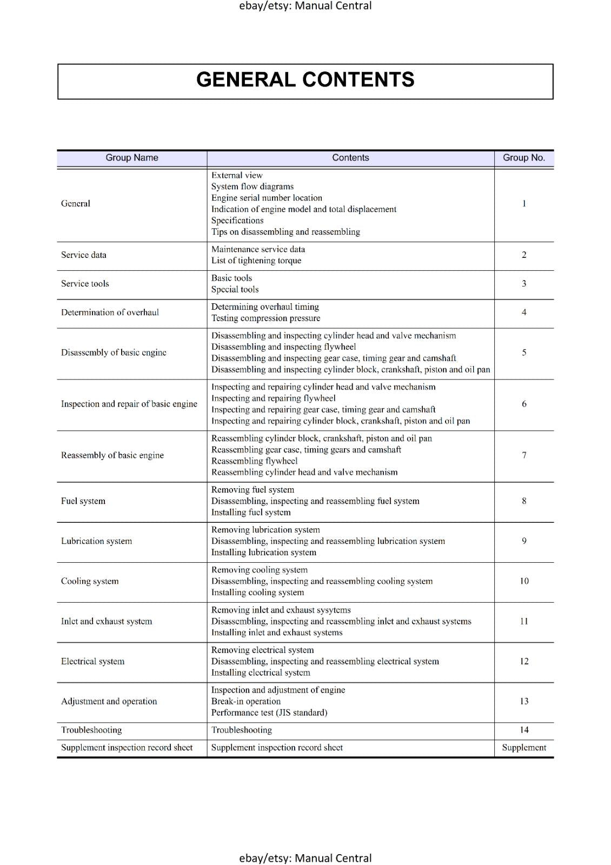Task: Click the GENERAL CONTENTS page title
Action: (305, 80)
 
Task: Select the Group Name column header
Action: (132, 158)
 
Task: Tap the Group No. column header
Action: (523, 158)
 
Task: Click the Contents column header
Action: (350, 158)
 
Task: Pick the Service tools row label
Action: (85, 284)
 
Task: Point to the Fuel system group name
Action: (83, 501)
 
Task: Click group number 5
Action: (524, 352)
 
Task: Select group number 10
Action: (524, 581)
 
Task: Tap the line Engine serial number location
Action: (267, 198)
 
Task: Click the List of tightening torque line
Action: (256, 261)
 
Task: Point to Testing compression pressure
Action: (265, 318)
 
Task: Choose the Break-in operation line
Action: (246, 701)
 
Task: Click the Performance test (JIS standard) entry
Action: (269, 713)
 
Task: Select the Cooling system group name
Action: (90, 581)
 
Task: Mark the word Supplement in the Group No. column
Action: (524, 748)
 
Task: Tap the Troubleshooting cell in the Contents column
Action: (242, 730)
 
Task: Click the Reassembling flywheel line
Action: (254, 461)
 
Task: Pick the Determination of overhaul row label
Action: (110, 312)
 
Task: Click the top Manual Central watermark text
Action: (305, 6)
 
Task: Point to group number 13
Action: (524, 701)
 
